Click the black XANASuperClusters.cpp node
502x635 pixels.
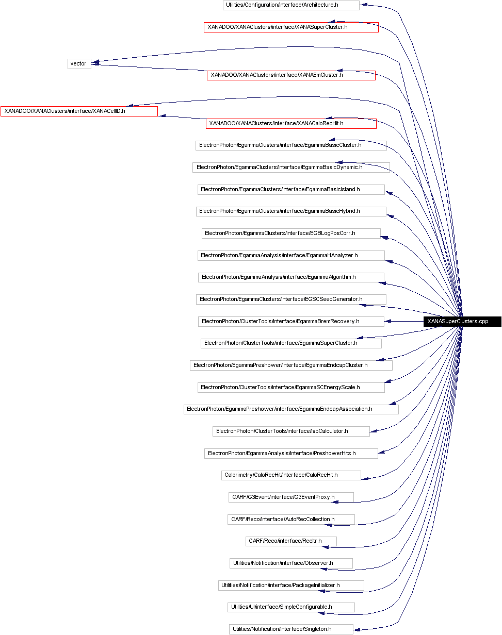click(462, 321)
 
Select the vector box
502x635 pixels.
click(79, 64)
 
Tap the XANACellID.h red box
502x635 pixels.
click(79, 111)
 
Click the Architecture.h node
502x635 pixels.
click(291, 5)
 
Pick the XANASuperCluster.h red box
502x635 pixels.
click(291, 27)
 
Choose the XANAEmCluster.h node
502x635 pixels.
click(291, 75)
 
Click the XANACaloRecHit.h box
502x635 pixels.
click(291, 124)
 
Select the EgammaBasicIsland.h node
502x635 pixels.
click(291, 190)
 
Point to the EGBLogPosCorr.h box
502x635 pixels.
click(291, 233)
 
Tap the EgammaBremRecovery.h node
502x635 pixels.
click(291, 321)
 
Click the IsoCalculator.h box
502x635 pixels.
click(291, 431)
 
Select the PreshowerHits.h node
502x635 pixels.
click(291, 453)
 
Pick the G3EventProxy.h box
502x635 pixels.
click(291, 497)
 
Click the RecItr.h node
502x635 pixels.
click(291, 541)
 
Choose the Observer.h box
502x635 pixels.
click(291, 563)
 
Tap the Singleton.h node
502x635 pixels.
click(291, 629)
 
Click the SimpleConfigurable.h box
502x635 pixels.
click(291, 607)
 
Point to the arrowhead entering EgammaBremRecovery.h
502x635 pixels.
click(388, 321)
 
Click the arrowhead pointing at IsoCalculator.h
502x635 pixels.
click(373, 432)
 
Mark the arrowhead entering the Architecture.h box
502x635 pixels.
click(363, 5)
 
